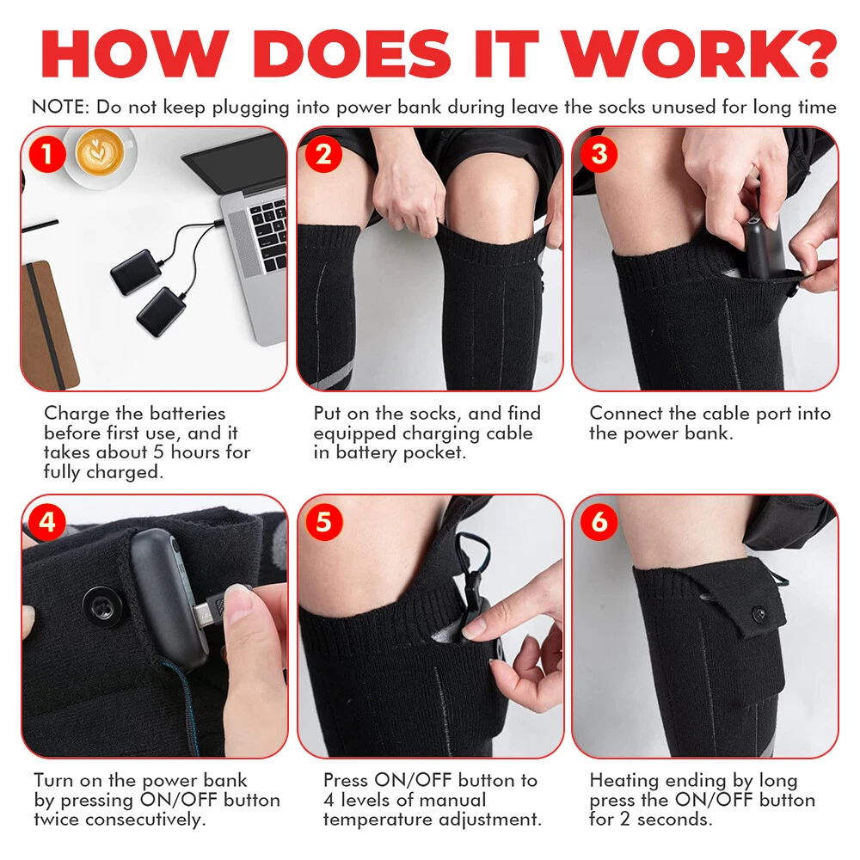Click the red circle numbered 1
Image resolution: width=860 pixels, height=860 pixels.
pyautogui.click(x=47, y=154)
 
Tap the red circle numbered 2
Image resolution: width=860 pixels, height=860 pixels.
pyautogui.click(x=323, y=154)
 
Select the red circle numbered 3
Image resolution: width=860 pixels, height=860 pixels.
pyautogui.click(x=599, y=154)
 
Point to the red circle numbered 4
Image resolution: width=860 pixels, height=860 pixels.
pyautogui.click(x=47, y=522)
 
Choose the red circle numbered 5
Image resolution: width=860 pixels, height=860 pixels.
pyautogui.click(x=323, y=522)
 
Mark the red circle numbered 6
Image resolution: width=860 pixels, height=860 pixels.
pyautogui.click(x=599, y=522)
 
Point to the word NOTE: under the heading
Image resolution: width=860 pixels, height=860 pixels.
pyautogui.click(x=60, y=107)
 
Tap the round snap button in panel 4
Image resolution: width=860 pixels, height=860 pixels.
pyautogui.click(x=102, y=606)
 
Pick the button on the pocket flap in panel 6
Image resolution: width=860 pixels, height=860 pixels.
pyautogui.click(x=759, y=613)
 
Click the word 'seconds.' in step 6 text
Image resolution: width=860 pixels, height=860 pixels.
pyautogui.click(x=675, y=820)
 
